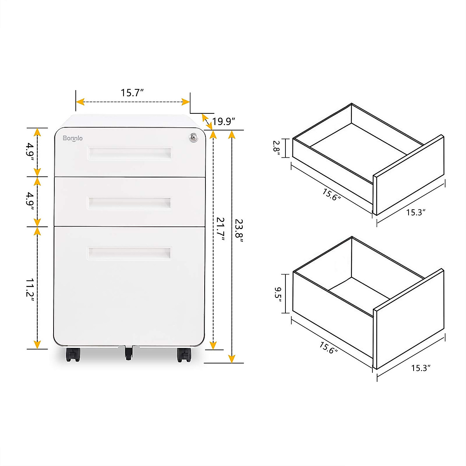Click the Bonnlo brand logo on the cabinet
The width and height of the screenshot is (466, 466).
click(x=73, y=138)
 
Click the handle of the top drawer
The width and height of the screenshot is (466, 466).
click(x=129, y=153)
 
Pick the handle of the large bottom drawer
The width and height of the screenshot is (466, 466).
click(x=129, y=253)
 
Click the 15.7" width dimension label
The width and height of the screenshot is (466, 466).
click(x=132, y=93)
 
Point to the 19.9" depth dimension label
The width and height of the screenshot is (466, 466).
click(x=224, y=122)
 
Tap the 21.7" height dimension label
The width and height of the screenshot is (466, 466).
click(x=221, y=229)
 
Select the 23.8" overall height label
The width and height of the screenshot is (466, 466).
click(x=239, y=231)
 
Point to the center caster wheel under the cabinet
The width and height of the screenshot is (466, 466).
click(x=129, y=353)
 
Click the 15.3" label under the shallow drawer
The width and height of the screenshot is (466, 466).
click(x=416, y=212)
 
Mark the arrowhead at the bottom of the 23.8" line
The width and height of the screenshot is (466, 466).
click(x=232, y=358)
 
